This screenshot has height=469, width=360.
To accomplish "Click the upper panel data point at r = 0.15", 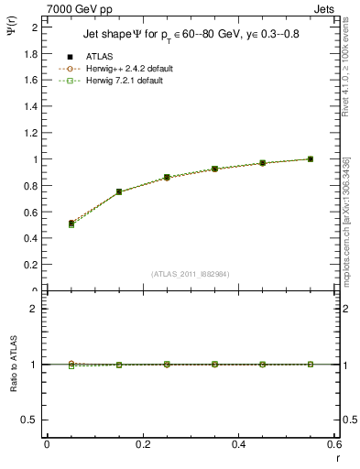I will coord(119,191).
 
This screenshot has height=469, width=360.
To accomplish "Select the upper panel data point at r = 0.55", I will coord(311,158).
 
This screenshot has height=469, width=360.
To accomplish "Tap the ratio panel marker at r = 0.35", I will coord(214,364).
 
